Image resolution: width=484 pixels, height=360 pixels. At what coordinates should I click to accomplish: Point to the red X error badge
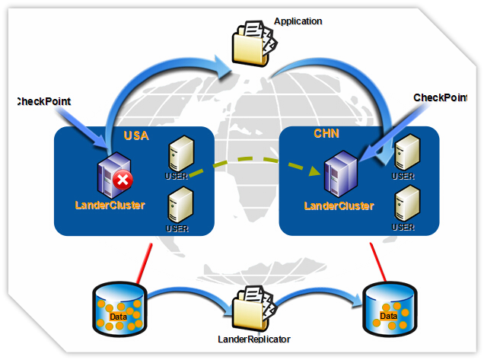click(x=122, y=180)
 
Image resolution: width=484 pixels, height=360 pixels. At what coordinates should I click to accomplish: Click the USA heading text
click(x=136, y=136)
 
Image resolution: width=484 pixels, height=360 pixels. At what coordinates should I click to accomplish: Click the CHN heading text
click(x=327, y=134)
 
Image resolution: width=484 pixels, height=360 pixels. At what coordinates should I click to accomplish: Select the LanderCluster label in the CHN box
click(x=339, y=205)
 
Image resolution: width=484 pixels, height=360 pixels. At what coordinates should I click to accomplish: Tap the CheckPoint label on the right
click(x=439, y=97)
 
